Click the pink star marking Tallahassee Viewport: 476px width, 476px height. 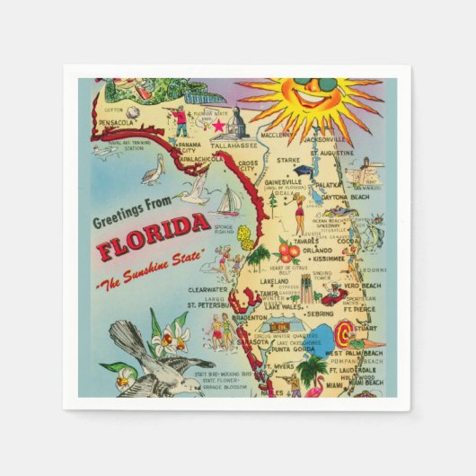click(x=216, y=127)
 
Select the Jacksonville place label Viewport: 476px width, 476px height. click(x=325, y=141)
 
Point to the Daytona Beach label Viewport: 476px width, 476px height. click(x=343, y=196)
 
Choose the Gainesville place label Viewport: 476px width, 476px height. click(x=285, y=181)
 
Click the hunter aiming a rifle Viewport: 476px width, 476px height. click(x=180, y=119)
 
